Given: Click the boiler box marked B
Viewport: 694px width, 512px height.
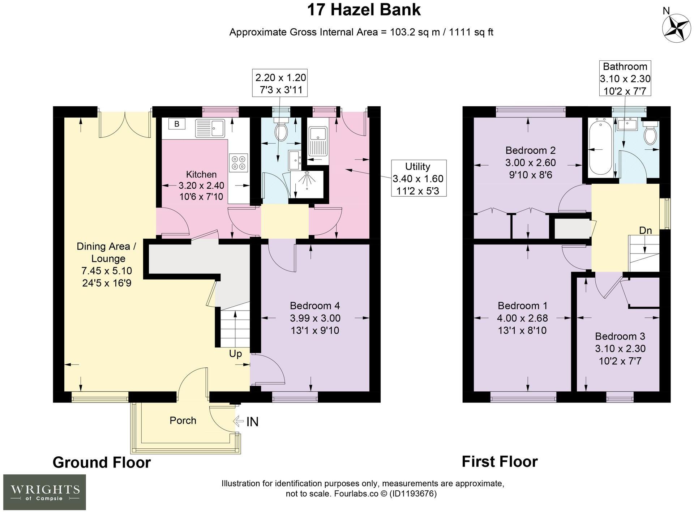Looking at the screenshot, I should coord(177,124).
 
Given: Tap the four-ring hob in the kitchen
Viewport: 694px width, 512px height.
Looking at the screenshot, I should coord(239,163).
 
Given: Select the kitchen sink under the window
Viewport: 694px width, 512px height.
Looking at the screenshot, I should coord(210,128).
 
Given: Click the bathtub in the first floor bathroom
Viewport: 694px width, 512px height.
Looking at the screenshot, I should coord(600,148).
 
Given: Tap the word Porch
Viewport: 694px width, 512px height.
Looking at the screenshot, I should coord(183,421).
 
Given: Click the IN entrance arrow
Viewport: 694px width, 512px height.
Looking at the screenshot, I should coord(246,422).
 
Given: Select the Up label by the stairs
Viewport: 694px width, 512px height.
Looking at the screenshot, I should coord(235,354).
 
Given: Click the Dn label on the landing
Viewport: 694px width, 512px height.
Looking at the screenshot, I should coord(646,230).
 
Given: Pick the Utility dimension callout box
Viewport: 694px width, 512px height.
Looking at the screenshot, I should coord(419,179).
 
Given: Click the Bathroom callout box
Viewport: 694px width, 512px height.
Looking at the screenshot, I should coord(625,78).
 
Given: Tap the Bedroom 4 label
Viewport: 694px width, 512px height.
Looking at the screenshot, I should coord(315,306).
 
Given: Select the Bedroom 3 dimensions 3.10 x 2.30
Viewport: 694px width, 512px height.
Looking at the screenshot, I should coord(620,349).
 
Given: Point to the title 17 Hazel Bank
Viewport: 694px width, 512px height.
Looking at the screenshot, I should coord(364,10).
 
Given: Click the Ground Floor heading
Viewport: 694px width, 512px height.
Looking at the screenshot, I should coord(102,462).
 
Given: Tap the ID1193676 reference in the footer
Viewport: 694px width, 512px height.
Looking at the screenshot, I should coord(413,494).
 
